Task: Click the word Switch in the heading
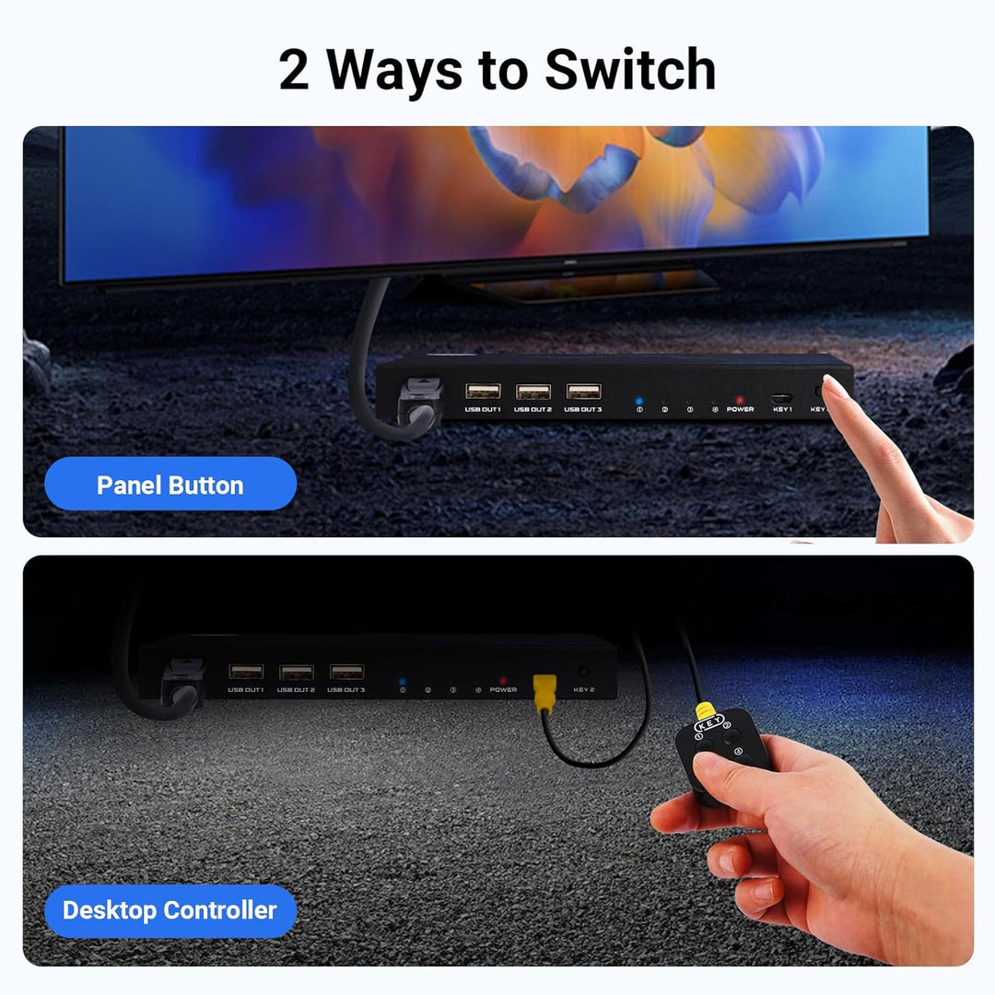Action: (x=630, y=70)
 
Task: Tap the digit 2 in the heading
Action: (x=294, y=71)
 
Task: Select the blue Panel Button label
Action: (x=170, y=485)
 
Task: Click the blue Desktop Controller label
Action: (x=170, y=910)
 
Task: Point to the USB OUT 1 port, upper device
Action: (x=483, y=391)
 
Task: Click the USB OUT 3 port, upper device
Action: (x=583, y=391)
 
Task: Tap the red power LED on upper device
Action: (x=739, y=401)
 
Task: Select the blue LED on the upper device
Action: (x=639, y=401)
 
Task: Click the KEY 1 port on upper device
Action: (x=782, y=397)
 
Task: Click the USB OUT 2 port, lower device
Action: (x=296, y=672)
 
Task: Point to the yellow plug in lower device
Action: (x=545, y=687)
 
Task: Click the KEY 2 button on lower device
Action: (x=582, y=672)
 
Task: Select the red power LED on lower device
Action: (x=502, y=680)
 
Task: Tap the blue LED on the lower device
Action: (x=403, y=681)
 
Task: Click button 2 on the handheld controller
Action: (x=729, y=734)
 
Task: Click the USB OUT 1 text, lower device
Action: (x=246, y=689)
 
